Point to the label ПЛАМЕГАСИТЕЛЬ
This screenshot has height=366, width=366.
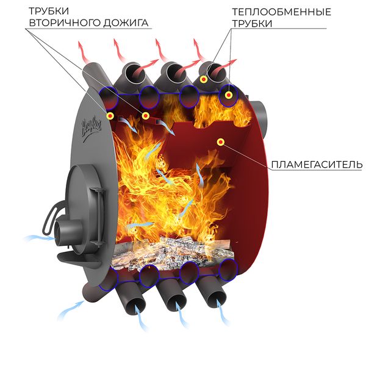[x=315, y=165]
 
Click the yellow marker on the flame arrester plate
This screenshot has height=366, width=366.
[x=220, y=142]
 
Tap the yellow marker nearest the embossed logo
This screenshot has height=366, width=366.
[x=110, y=115]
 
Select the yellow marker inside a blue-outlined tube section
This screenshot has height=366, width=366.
[x=229, y=95]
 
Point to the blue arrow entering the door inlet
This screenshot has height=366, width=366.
[x=35, y=237]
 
